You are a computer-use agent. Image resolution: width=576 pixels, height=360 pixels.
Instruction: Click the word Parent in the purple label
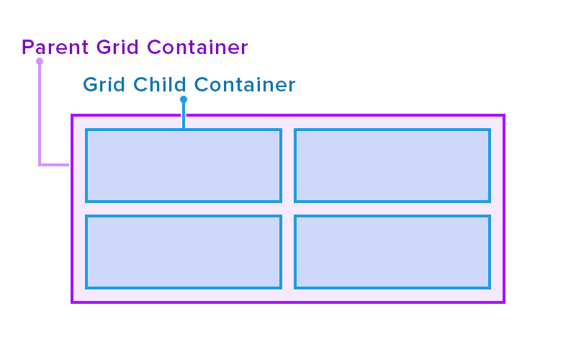(55, 47)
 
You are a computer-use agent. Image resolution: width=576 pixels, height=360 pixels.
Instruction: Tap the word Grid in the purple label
(117, 47)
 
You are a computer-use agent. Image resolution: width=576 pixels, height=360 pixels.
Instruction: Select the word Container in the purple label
(197, 47)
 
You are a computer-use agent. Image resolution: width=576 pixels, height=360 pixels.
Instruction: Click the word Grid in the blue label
(104, 84)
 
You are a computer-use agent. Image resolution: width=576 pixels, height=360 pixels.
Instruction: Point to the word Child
(159, 84)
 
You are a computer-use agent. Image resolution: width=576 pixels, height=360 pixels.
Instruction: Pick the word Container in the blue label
(245, 84)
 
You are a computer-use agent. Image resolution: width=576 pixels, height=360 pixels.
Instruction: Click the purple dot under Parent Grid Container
(40, 61)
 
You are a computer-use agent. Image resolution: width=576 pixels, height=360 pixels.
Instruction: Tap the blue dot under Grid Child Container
(184, 99)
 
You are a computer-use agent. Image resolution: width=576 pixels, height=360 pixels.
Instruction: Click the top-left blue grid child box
(184, 166)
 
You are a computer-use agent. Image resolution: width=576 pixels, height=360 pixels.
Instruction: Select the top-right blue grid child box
(392, 166)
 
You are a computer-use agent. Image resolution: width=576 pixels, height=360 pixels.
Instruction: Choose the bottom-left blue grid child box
(184, 252)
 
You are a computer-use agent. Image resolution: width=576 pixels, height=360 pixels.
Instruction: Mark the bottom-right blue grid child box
(392, 252)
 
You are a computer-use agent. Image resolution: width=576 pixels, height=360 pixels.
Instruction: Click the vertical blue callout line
(184, 115)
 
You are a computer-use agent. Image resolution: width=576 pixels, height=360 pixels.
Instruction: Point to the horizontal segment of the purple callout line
(55, 165)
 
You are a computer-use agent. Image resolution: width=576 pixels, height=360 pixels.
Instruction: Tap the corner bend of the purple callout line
(40, 165)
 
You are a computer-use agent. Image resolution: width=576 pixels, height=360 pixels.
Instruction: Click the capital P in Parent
(28, 47)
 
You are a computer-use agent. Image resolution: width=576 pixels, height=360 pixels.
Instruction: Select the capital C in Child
(140, 84)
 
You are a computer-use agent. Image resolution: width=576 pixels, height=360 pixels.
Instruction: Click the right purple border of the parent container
(503, 209)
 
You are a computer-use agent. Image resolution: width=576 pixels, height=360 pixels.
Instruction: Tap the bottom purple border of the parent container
(288, 302)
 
